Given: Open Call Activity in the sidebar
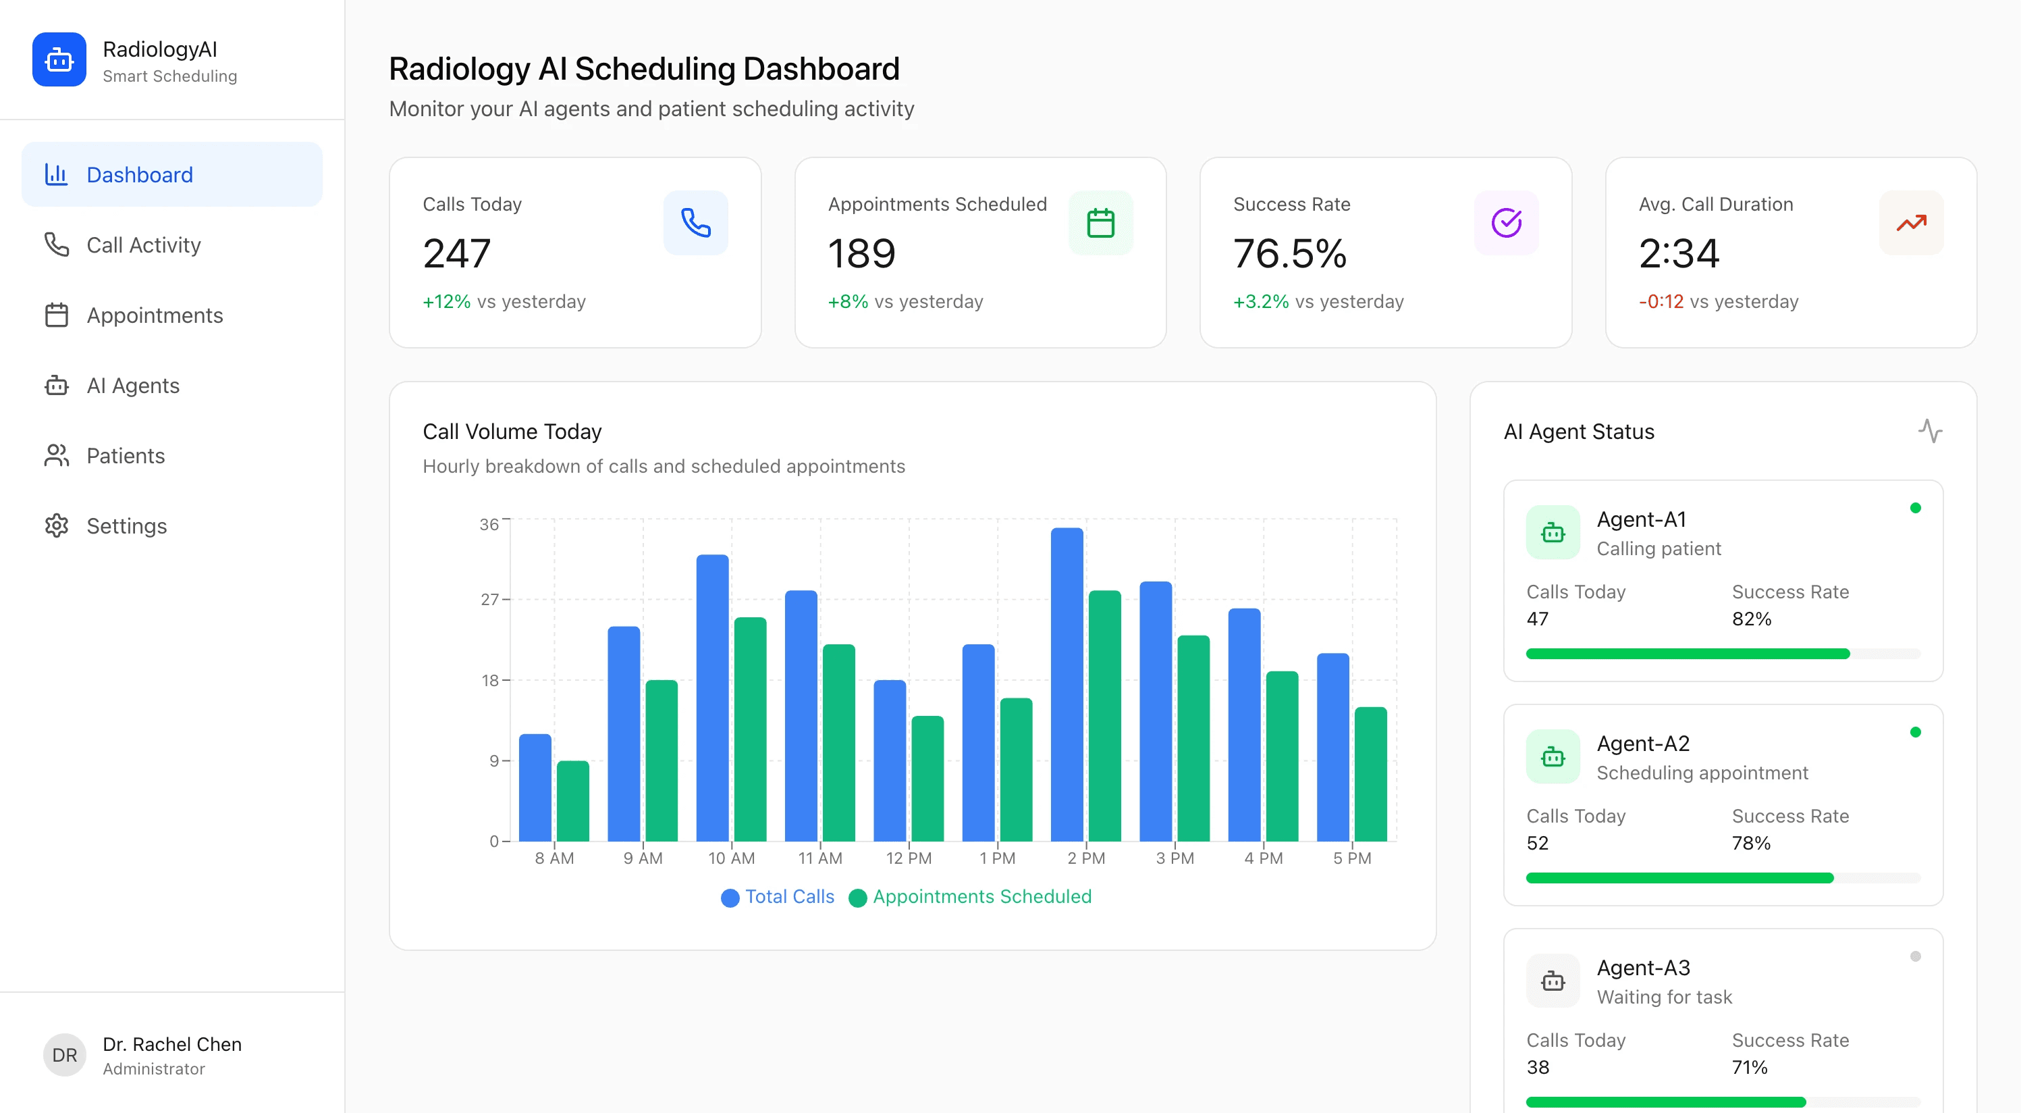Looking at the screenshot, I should [x=143, y=245].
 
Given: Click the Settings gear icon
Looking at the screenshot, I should [x=57, y=526].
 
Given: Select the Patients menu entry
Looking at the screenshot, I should [x=126, y=455].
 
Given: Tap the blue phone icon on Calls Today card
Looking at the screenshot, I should [x=695, y=223].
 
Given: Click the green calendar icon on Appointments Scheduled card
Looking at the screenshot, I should [x=1100, y=223].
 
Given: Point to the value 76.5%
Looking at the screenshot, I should [x=1289, y=253].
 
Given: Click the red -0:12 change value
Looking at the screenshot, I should [x=1661, y=301].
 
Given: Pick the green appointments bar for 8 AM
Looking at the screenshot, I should [x=572, y=800].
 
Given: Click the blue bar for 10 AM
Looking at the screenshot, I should [x=711, y=698].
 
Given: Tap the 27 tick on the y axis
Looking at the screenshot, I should [x=489, y=600].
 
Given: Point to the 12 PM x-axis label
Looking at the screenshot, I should [x=909, y=858].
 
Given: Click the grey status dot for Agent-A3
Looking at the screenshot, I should [x=1914, y=956].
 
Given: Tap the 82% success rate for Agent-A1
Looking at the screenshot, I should [x=1751, y=619].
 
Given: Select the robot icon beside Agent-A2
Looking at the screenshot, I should [x=1553, y=756].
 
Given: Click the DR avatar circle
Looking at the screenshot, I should [x=64, y=1055].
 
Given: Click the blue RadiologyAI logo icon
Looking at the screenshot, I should [x=59, y=59].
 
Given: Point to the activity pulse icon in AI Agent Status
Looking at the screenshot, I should [x=1929, y=431].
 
